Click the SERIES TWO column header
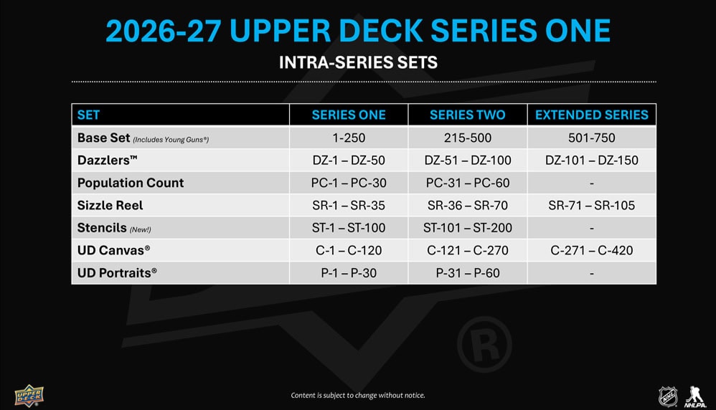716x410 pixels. (468, 115)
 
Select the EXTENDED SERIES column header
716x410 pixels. (592, 115)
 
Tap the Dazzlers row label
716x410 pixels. (108, 160)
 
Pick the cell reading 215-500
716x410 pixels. (468, 138)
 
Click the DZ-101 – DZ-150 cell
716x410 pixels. (592, 160)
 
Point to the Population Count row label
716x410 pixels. (131, 183)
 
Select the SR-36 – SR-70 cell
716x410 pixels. (468, 205)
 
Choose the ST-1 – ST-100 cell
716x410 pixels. (349, 227)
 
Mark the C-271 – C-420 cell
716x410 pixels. (592, 250)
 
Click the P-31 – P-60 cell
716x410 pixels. (468, 272)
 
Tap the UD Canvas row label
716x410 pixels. (113, 250)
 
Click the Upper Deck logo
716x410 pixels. (29, 396)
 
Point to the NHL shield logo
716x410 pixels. (668, 396)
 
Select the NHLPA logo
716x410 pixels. (694, 397)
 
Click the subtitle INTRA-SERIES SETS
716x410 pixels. (359, 62)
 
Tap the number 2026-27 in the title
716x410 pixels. (164, 31)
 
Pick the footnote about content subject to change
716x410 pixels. (358, 396)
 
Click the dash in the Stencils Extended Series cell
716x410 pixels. (592, 228)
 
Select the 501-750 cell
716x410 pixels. (592, 138)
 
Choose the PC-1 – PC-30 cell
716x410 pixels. (349, 183)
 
